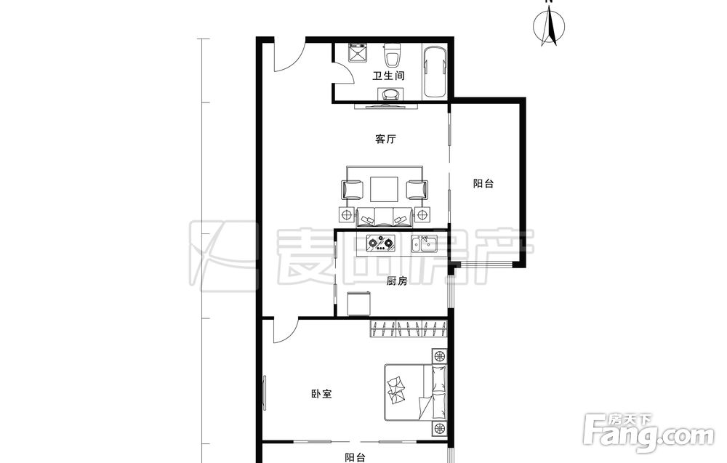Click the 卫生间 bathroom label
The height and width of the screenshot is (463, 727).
[388, 76]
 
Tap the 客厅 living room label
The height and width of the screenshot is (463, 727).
[385, 139]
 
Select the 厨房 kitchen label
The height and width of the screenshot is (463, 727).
[397, 281]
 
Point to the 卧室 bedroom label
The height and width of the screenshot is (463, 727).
[321, 394]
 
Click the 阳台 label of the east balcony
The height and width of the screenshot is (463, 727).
[483, 184]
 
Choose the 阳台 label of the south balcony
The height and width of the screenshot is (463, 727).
[356, 458]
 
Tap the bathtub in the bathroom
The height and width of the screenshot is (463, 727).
[435, 71]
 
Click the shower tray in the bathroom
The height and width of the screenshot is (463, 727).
[358, 53]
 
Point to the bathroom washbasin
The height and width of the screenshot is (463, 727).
[392, 94]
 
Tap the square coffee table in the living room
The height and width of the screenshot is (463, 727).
[385, 190]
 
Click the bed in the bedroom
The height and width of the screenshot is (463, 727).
[415, 392]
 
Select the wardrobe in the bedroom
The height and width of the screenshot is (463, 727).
[409, 329]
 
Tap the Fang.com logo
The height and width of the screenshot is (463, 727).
[649, 432]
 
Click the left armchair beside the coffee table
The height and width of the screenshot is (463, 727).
[353, 190]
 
